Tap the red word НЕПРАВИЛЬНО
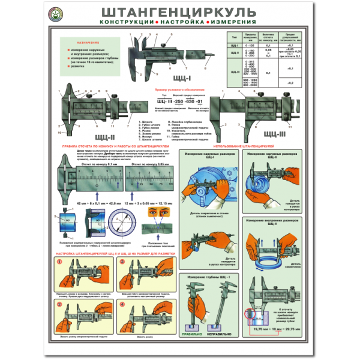click(x=220, y=333)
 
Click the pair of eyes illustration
click(x=158, y=214)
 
